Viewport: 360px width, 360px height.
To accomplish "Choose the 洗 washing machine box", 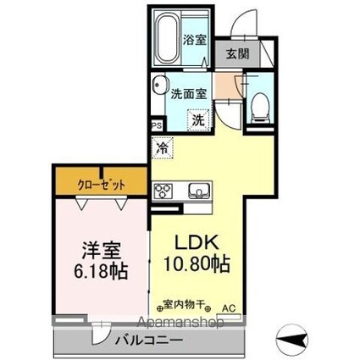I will point(197,119).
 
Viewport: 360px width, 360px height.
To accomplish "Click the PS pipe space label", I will point(156,125).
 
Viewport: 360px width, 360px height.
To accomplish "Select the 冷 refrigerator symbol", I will point(161,147).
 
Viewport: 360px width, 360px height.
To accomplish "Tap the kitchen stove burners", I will point(163,189).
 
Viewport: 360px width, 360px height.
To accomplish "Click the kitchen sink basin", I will point(200,189).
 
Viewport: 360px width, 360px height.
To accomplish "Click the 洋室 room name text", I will point(100,251).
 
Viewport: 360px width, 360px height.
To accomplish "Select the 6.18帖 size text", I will point(101,273).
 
